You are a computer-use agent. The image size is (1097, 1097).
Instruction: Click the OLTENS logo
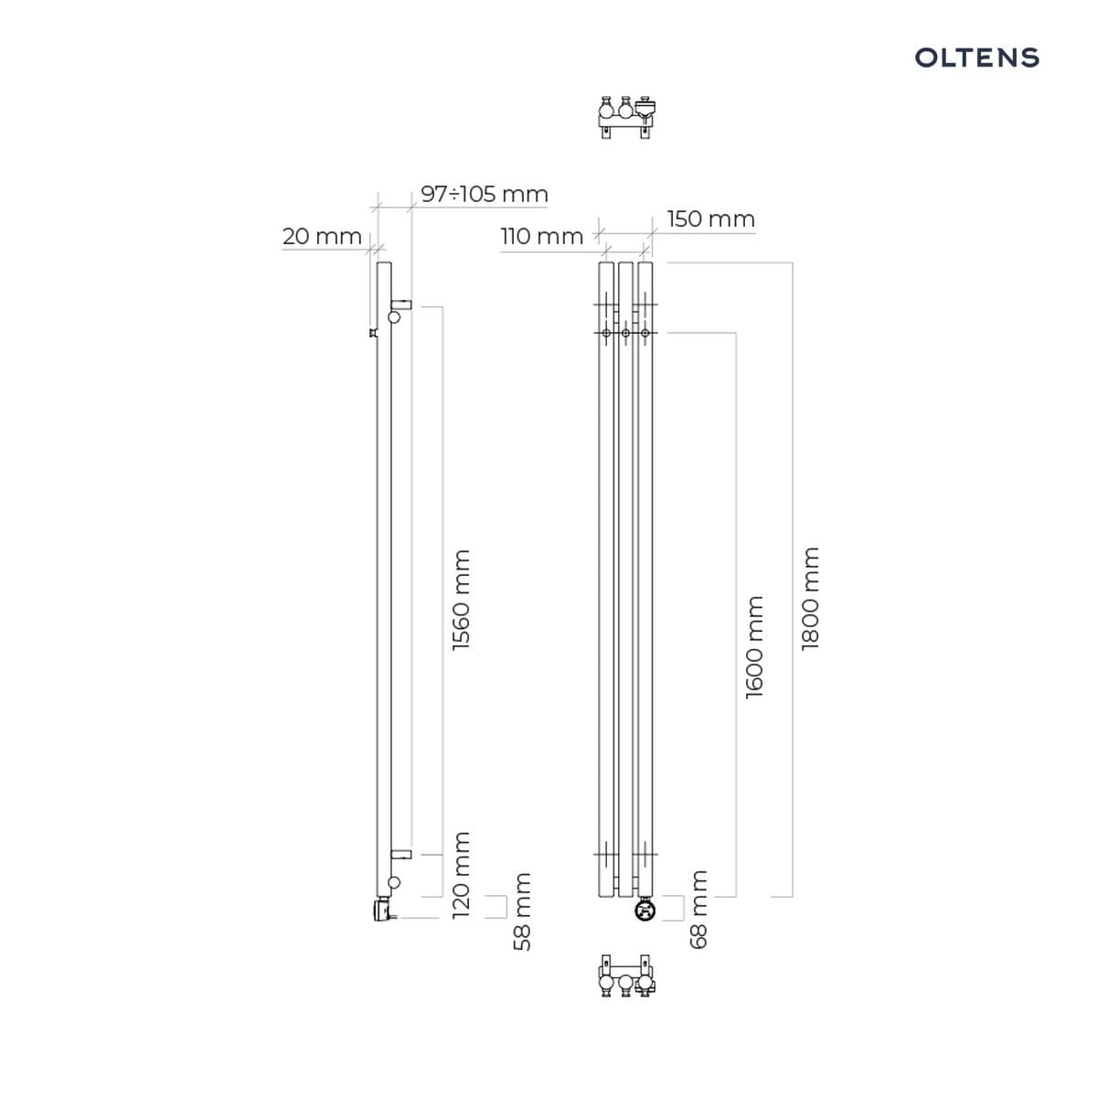click(x=976, y=58)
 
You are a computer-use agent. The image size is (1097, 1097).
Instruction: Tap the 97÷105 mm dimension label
click(x=484, y=194)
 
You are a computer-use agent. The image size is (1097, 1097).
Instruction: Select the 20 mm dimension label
click(x=322, y=236)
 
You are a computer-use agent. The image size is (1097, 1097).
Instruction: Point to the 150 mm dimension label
click(x=710, y=218)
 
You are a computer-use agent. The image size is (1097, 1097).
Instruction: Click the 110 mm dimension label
click(x=541, y=236)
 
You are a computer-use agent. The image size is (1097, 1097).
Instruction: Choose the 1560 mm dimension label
click(x=461, y=600)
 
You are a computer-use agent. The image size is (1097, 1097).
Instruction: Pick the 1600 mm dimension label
click(x=753, y=647)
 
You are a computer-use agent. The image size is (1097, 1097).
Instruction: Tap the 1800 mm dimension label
click(x=810, y=599)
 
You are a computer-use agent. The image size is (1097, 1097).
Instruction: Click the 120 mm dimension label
click(x=461, y=875)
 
